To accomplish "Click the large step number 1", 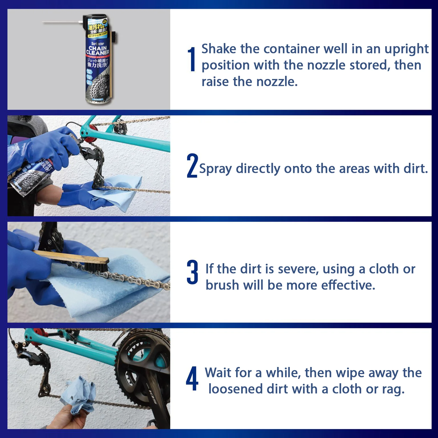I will point(192,60).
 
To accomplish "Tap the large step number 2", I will point(192,166).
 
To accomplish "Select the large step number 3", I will point(192,272).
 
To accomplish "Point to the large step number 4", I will point(192,378).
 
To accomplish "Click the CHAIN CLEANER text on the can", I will point(98,50).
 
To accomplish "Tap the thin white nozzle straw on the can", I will point(60,22).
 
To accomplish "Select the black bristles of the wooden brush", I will point(96,267).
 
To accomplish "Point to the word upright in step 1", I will point(406,49).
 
